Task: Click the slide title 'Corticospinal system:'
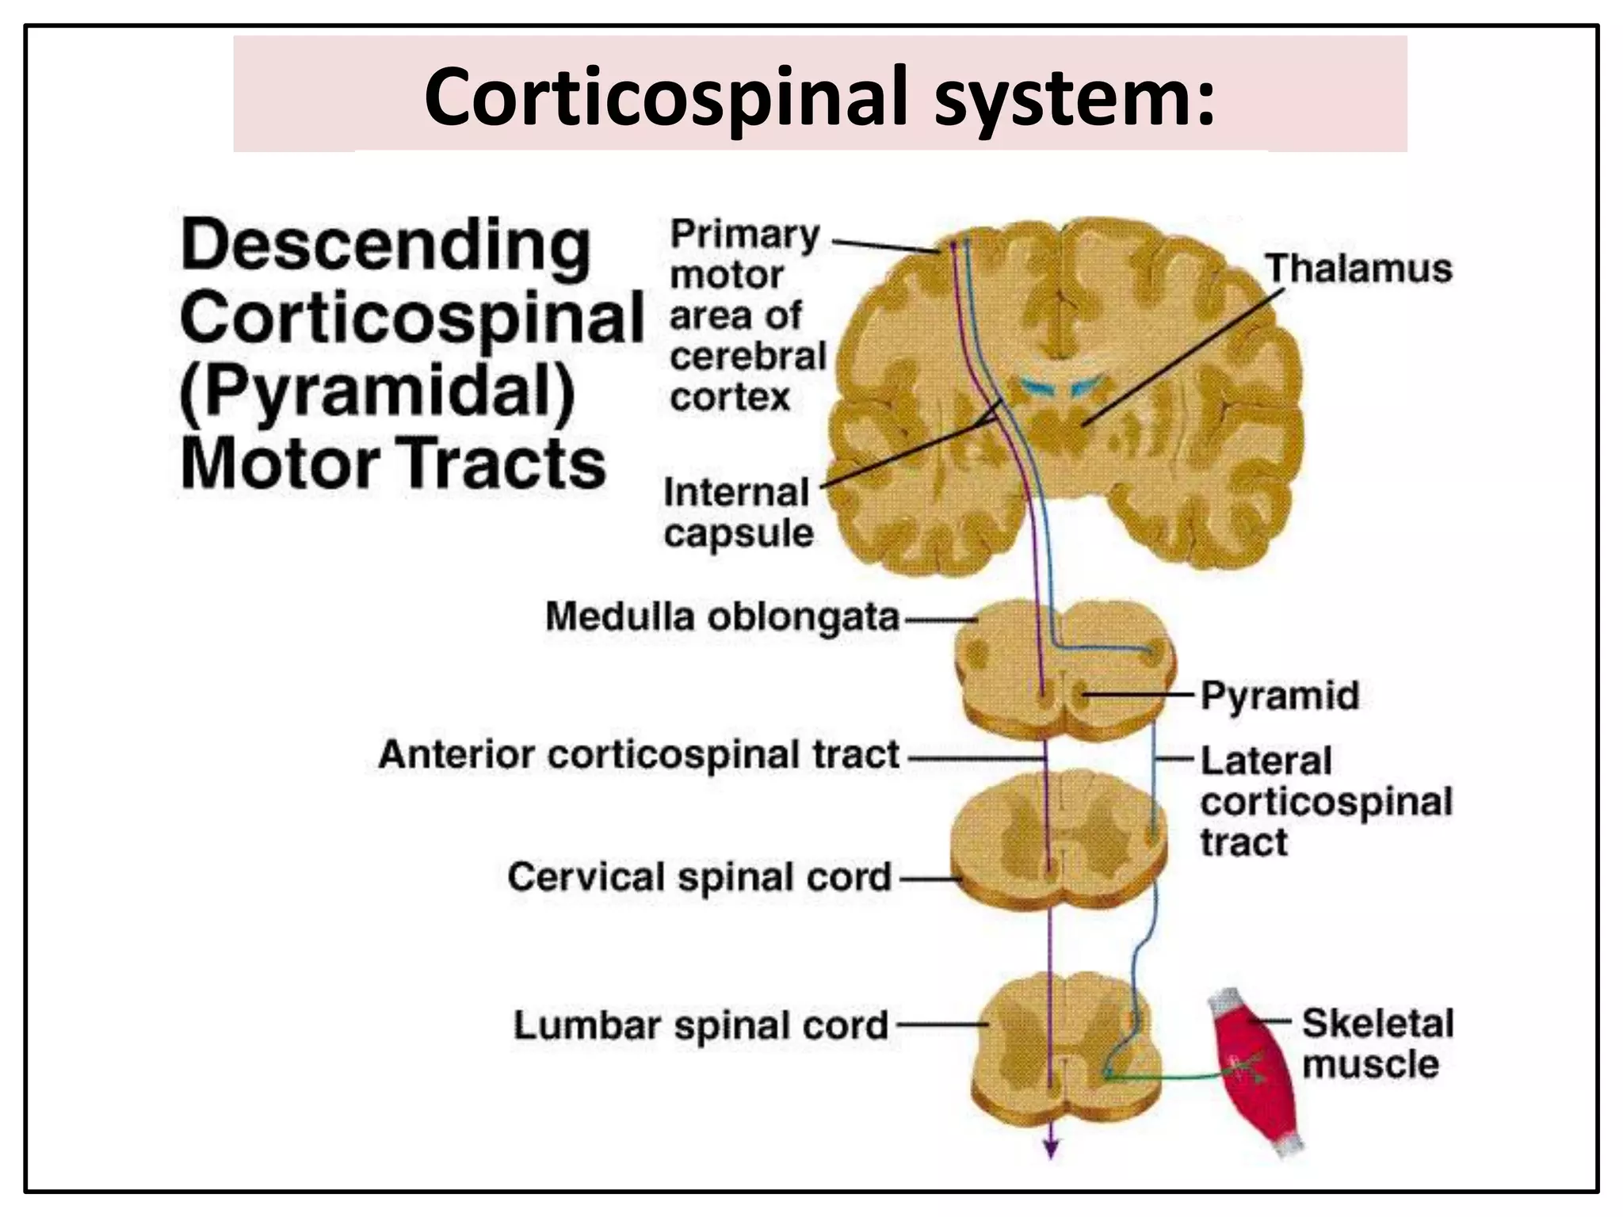819,97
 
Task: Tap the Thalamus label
1358,269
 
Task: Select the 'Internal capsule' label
738,513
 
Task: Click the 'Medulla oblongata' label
722,617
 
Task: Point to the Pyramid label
1279,696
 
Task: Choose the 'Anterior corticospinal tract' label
639,754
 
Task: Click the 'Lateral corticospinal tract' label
1325,801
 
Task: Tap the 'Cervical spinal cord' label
699,877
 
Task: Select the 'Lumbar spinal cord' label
701,1024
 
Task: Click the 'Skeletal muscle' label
1377,1043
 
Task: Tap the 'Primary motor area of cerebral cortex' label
746,315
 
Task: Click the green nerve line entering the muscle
1173,1078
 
